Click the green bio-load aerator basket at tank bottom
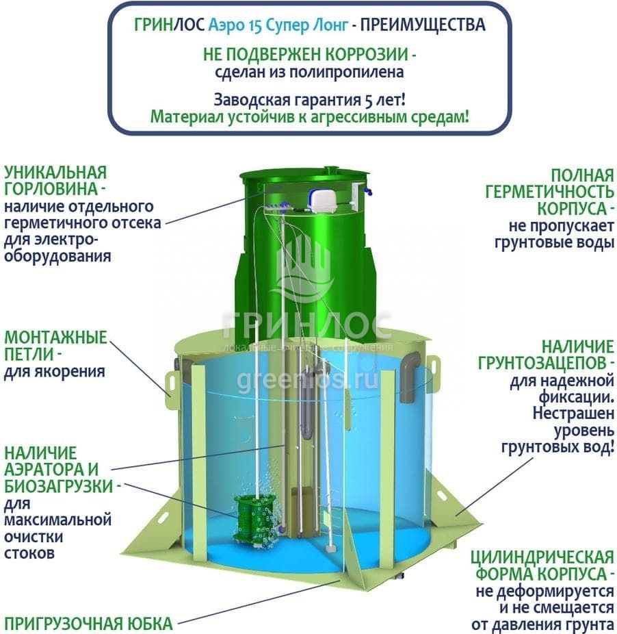coord(250,522)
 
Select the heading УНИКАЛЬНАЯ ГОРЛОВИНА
coord(56,181)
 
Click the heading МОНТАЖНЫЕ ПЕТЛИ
coord(56,346)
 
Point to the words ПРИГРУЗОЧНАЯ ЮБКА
coord(88,624)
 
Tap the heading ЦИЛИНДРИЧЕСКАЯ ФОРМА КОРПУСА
coord(542,566)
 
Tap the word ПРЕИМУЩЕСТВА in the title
coord(423,25)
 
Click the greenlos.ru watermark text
coord(308,381)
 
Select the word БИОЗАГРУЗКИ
coord(59,486)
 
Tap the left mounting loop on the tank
coord(171,385)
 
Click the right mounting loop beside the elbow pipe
coord(433,370)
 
